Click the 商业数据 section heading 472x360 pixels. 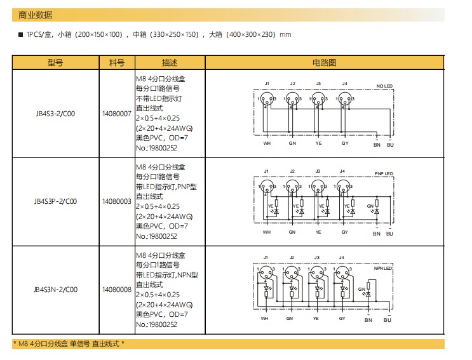[x=36, y=15]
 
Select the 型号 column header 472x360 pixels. [x=55, y=62]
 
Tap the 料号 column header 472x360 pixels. [x=117, y=62]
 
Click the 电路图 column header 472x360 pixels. [x=324, y=62]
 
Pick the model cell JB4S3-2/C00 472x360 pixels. [x=55, y=114]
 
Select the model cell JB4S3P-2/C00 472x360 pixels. [x=55, y=202]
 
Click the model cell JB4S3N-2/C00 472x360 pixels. [x=55, y=290]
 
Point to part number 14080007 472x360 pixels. [x=117, y=114]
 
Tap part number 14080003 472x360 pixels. [x=117, y=202]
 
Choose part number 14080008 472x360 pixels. [x=117, y=290]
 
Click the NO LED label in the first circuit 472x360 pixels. [x=384, y=86]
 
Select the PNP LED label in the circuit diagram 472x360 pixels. [x=384, y=173]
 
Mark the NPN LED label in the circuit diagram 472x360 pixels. [x=383, y=269]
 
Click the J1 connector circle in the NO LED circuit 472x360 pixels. [x=267, y=99]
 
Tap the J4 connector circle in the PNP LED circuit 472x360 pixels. [x=343, y=187]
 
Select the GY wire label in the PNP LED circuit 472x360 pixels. [x=344, y=232]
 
